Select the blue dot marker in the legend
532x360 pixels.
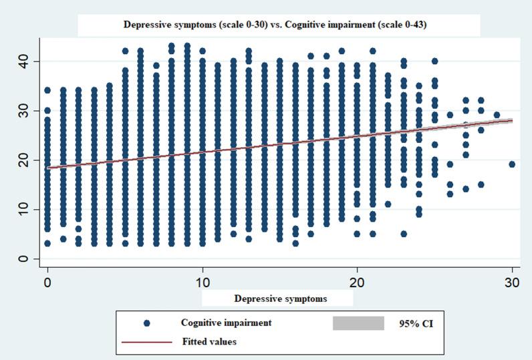[x=146, y=323]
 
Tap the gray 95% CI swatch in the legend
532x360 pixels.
[x=358, y=323]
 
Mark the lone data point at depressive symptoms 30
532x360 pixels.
[x=512, y=164]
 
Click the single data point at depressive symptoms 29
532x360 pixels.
[x=497, y=115]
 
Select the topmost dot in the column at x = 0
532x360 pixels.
[x=47, y=90]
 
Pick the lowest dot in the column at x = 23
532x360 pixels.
[x=404, y=234]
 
